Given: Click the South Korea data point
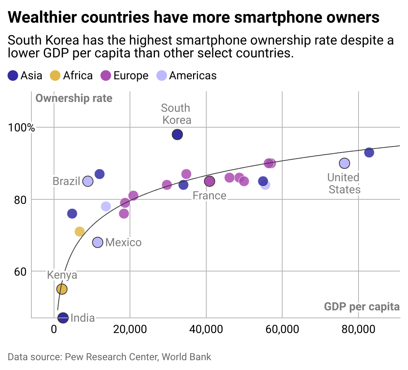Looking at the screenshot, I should [x=177, y=134].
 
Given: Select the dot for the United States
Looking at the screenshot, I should [x=344, y=163].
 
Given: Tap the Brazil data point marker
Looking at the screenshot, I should [x=88, y=181].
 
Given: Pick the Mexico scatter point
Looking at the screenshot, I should [x=97, y=242].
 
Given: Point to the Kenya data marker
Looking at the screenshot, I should [x=62, y=289].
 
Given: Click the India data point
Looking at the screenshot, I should [x=63, y=318].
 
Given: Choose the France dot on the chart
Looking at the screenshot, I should [x=209, y=181].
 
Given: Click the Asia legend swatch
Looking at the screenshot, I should [x=13, y=76].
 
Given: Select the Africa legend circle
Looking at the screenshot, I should [x=55, y=76].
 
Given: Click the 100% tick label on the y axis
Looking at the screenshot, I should [x=21, y=128].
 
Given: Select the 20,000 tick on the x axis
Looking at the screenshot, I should [x=130, y=329].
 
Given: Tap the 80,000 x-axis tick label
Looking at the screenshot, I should [x=358, y=329].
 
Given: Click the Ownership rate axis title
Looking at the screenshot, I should [x=74, y=99].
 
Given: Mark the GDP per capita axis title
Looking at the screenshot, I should [x=362, y=307].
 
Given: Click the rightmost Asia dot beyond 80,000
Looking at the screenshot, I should [x=369, y=153].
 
